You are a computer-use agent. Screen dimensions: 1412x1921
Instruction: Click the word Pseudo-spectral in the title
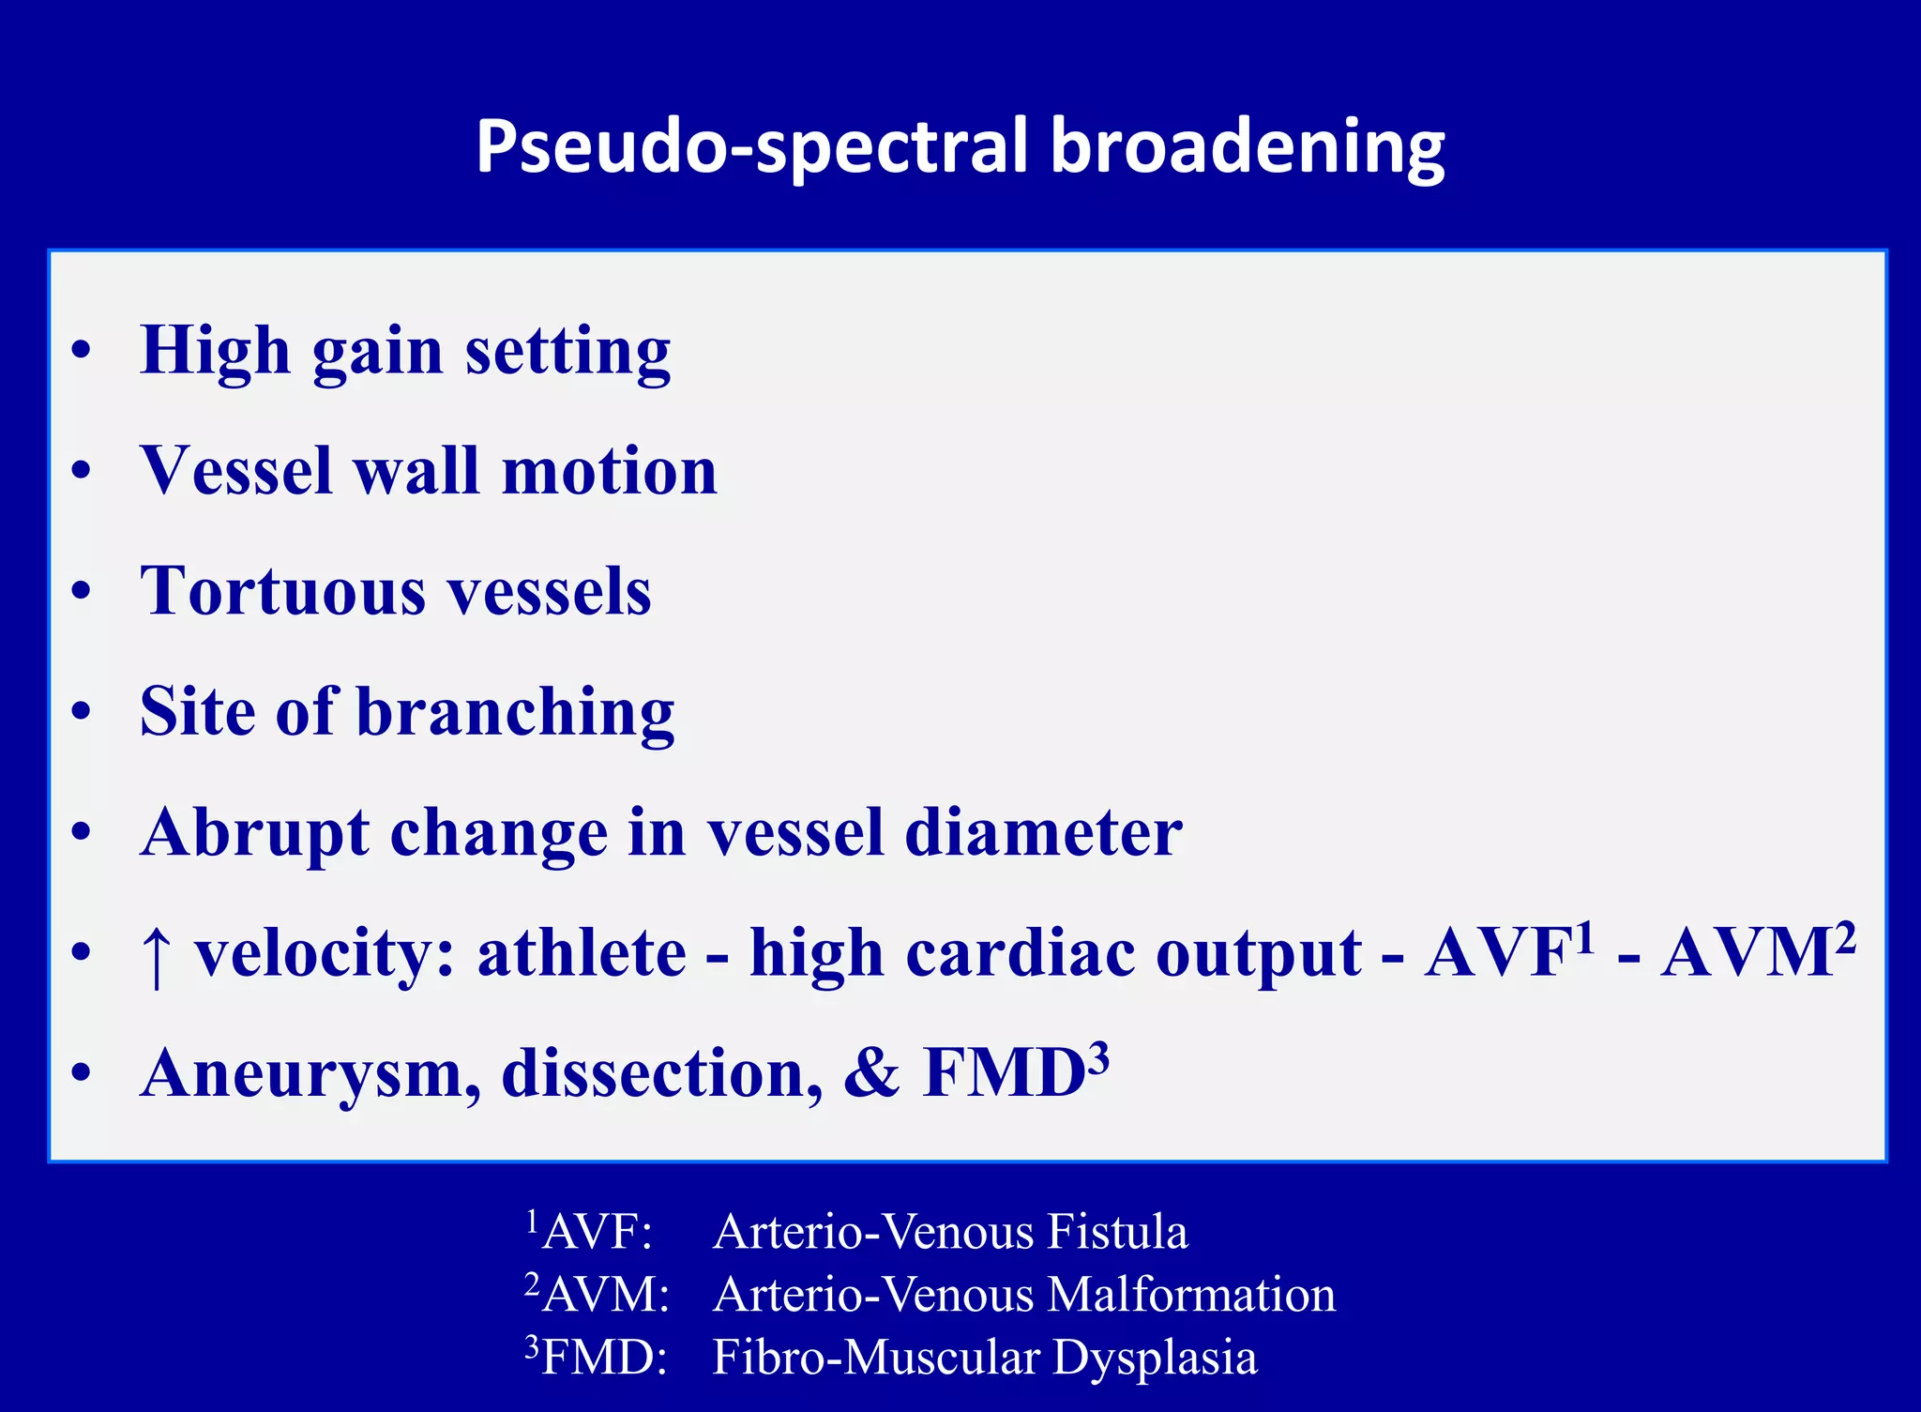point(755,146)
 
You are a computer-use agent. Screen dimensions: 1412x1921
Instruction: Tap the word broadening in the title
point(1247,146)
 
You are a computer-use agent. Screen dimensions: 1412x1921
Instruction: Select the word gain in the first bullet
point(377,351)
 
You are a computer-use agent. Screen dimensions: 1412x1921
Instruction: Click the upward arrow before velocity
point(156,955)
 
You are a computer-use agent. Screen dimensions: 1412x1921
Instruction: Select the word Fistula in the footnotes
point(1117,1232)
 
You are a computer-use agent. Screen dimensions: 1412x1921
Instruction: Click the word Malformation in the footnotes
point(1191,1295)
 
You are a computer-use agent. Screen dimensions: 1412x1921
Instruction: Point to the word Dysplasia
point(1154,1358)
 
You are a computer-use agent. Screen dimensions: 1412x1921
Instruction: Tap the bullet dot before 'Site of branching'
point(82,711)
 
